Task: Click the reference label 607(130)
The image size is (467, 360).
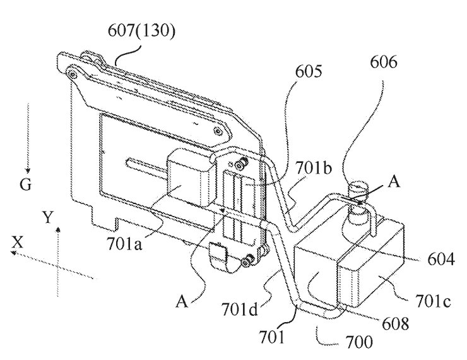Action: coord(141,31)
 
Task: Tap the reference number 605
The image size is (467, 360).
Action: coord(309,71)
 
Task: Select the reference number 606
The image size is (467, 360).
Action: coord(384,63)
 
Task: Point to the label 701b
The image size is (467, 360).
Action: coord(313,169)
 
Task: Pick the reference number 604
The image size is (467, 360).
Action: coord(441,260)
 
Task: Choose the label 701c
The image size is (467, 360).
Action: coord(433,301)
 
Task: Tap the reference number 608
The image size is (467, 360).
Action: coord(395,323)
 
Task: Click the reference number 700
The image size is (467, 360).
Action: coord(359,342)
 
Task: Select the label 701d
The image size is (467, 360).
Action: coord(239,310)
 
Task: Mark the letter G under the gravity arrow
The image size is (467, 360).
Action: coord(26,185)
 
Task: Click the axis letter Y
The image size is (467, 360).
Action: coord(48,217)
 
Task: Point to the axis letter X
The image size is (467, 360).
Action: coord(18,243)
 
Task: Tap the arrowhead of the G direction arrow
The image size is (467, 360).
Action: coord(28,171)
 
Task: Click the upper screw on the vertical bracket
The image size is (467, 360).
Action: coord(242,162)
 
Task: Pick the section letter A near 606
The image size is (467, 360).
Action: coord(394,181)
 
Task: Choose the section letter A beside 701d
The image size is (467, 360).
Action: coord(182,301)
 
